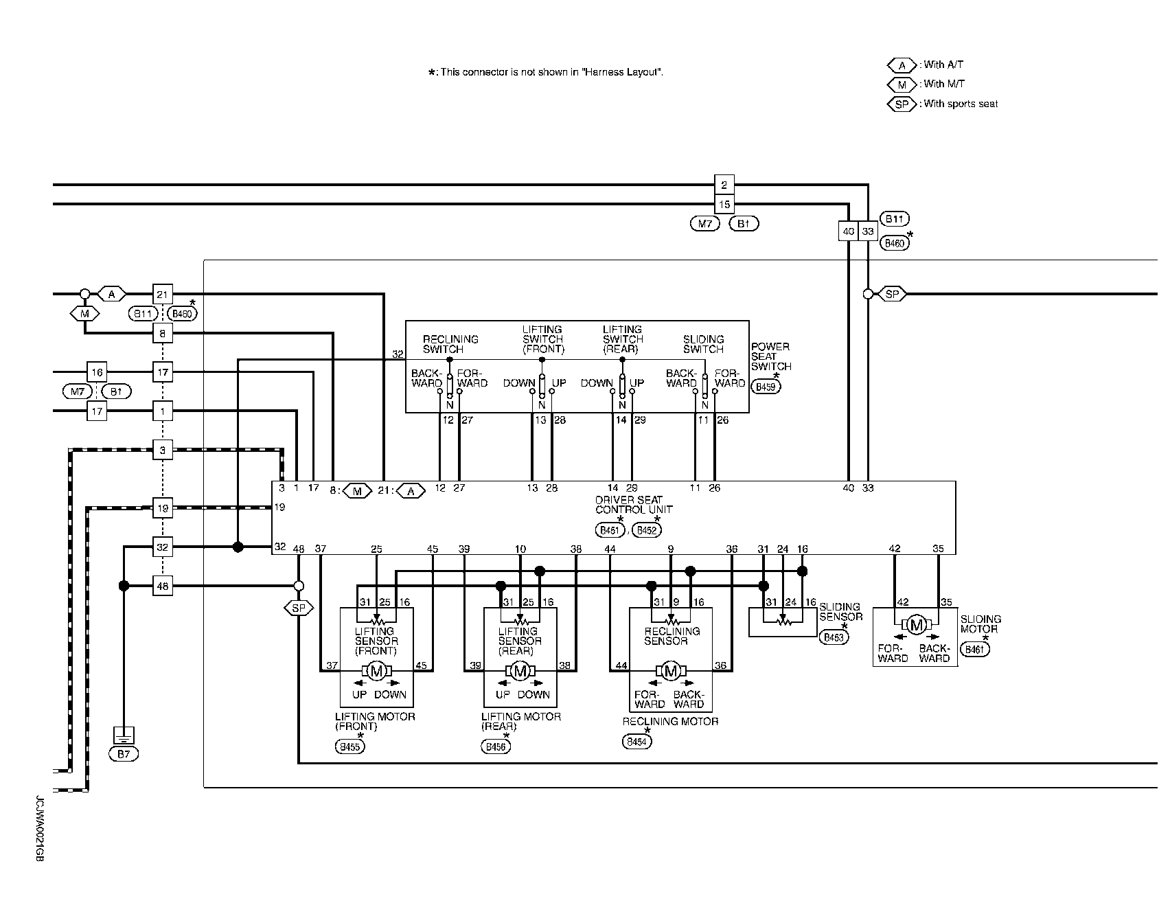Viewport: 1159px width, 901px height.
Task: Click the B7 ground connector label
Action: click(x=124, y=754)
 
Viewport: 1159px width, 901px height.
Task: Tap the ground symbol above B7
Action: click(x=124, y=736)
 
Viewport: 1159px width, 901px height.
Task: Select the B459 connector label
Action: click(x=766, y=387)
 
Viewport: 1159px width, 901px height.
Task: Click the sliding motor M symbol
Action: click(x=916, y=624)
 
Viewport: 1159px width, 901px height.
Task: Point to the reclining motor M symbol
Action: click(x=671, y=671)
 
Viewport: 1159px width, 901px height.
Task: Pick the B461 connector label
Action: click(x=975, y=649)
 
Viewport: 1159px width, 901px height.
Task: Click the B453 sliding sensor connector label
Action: click(x=834, y=637)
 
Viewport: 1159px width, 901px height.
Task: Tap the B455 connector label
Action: click(x=350, y=746)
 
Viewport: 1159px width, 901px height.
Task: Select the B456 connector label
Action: click(x=496, y=746)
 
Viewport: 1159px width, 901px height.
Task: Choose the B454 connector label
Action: click(x=637, y=742)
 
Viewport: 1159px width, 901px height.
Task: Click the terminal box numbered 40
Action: click(x=849, y=231)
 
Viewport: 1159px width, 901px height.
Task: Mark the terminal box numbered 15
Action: click(x=724, y=204)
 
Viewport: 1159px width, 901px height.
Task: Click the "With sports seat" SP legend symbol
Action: click(x=902, y=104)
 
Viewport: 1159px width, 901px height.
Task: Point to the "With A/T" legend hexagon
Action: click(x=902, y=65)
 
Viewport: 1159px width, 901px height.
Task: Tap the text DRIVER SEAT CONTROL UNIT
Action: click(x=634, y=505)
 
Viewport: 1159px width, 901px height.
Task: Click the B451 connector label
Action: click(x=610, y=530)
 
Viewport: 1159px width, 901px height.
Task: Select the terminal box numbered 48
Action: click(x=163, y=586)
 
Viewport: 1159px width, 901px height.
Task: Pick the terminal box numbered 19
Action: click(x=163, y=509)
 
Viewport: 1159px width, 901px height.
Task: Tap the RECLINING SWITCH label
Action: click(x=450, y=344)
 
